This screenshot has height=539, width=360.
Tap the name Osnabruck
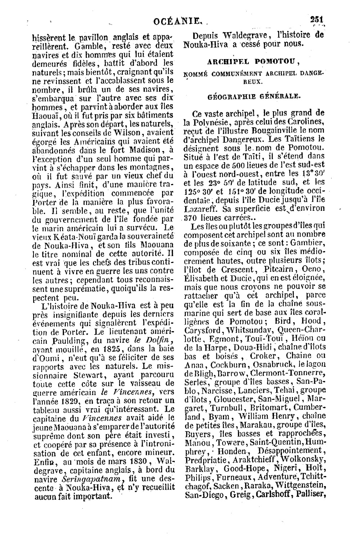tap(271, 365)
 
